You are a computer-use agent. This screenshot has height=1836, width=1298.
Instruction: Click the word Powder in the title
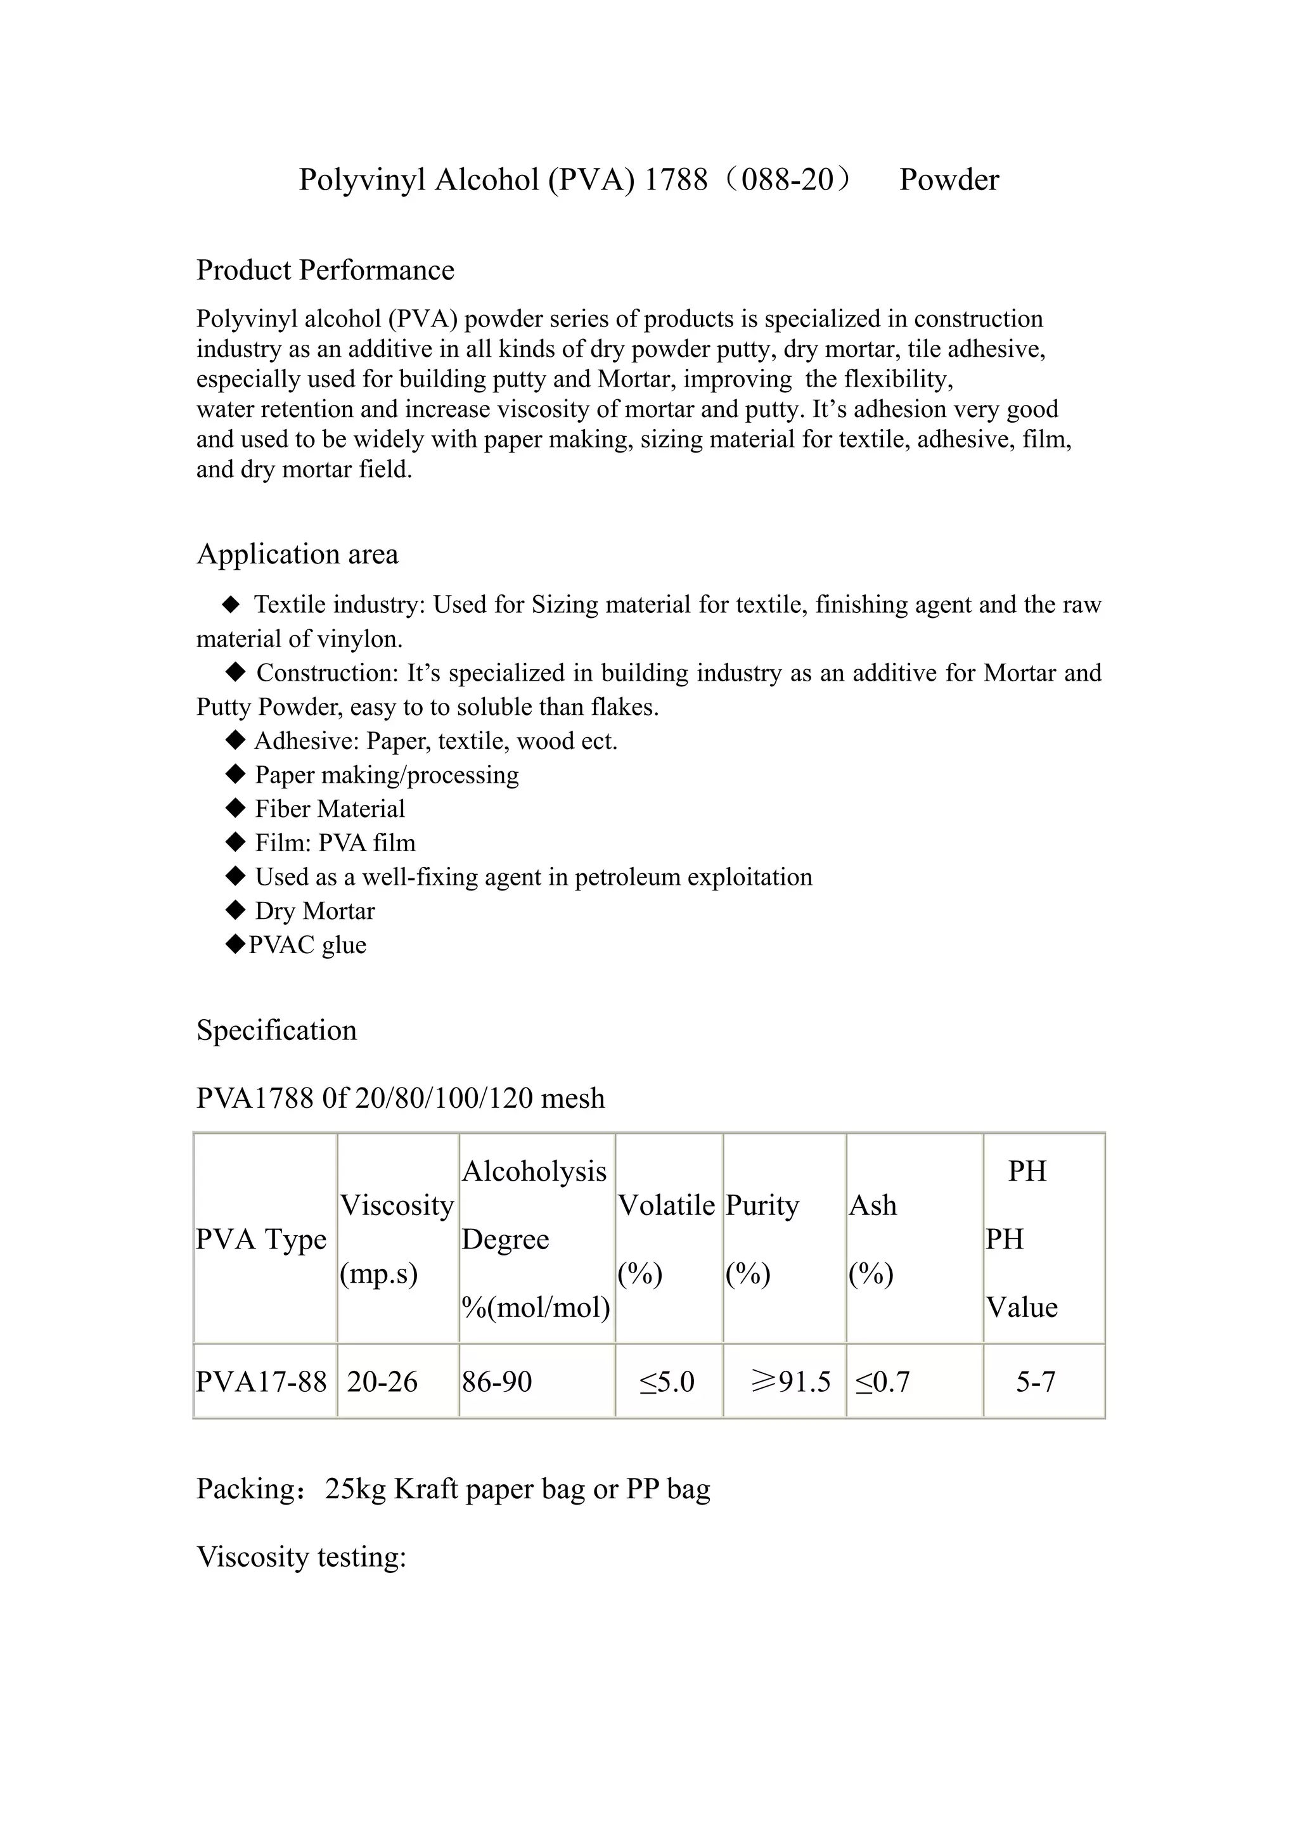[949, 180]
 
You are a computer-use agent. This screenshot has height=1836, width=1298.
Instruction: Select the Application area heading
[297, 554]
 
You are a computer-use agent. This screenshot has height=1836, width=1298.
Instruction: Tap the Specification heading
[277, 1030]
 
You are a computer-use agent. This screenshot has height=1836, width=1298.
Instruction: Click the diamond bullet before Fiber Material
[235, 809]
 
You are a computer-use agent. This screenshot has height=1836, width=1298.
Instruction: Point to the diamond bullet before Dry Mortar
[235, 910]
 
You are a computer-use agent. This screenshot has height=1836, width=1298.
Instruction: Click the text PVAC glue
[308, 945]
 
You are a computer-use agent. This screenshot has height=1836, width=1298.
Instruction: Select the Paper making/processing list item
[386, 775]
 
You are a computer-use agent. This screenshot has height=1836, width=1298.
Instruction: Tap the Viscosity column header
[397, 1205]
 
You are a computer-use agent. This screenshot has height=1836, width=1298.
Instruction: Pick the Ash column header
[873, 1205]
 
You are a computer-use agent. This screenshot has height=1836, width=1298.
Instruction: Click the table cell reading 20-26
[382, 1382]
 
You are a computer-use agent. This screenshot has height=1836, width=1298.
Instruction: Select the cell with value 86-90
[497, 1382]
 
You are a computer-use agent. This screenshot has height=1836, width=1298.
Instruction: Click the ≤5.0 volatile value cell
[667, 1382]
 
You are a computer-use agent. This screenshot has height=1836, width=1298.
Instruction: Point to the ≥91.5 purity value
[790, 1382]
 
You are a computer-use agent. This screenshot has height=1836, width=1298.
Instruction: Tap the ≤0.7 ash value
[882, 1382]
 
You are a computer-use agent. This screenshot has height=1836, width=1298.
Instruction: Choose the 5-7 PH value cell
[1036, 1382]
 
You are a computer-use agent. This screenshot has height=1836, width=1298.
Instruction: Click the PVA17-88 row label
[262, 1382]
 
